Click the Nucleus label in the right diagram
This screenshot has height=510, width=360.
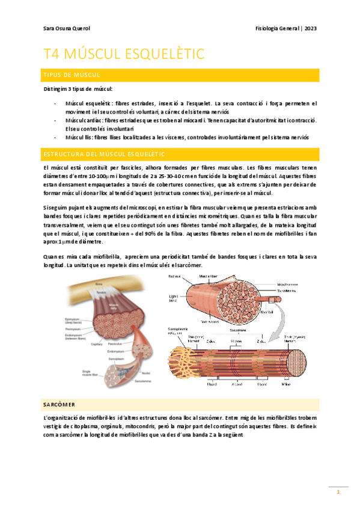[x=175, y=277]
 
